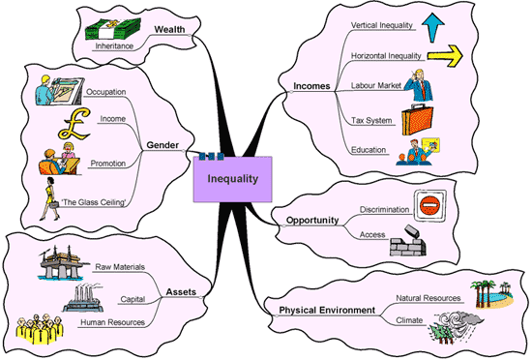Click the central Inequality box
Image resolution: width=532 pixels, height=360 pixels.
click(x=231, y=177)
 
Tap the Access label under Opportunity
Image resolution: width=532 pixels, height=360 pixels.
click(x=372, y=234)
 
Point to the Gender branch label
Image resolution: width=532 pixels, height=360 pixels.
click(x=163, y=146)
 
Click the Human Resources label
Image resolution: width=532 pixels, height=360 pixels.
click(x=113, y=322)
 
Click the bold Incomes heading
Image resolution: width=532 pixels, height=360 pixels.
click(x=311, y=87)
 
